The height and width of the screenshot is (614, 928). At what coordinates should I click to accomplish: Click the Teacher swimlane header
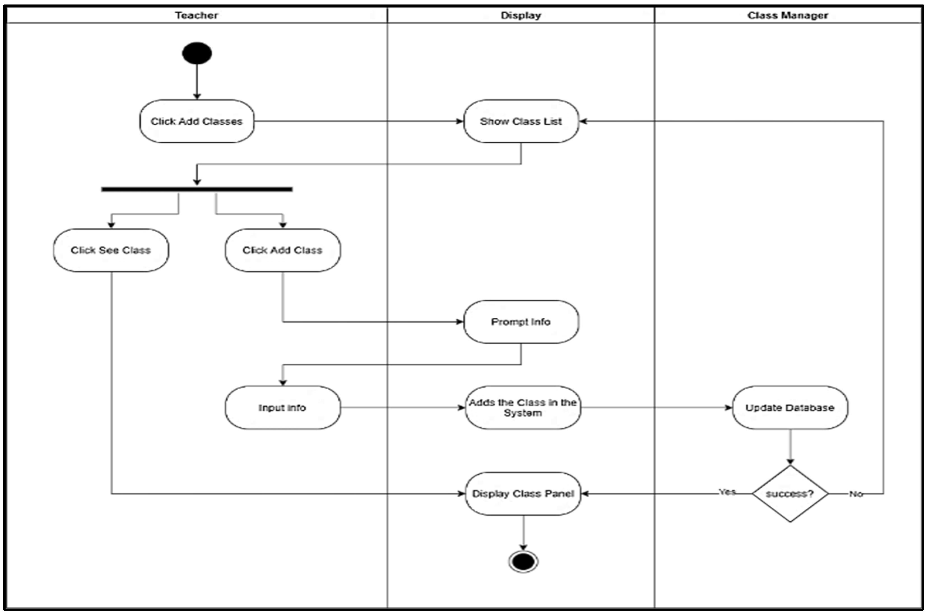[x=196, y=15]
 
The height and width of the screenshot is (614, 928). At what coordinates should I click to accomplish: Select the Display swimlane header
[x=521, y=15]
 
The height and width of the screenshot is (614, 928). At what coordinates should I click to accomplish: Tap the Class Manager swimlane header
[x=788, y=15]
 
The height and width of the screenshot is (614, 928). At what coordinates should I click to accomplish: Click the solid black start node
[x=197, y=53]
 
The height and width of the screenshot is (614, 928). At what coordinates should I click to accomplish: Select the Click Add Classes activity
[x=197, y=121]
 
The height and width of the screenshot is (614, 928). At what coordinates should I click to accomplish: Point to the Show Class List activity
[x=521, y=121]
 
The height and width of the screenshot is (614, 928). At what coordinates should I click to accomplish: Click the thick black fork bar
[x=197, y=190]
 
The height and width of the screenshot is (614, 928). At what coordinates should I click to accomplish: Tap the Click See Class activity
[x=111, y=250]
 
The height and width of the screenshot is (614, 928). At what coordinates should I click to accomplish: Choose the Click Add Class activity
[x=282, y=250]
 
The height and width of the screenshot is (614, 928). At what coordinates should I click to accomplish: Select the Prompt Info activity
[x=521, y=322]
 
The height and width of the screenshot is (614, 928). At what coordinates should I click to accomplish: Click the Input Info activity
[x=282, y=408]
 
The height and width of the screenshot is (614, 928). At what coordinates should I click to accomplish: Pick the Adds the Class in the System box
[x=523, y=408]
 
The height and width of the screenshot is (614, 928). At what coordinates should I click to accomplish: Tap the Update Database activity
[x=790, y=408]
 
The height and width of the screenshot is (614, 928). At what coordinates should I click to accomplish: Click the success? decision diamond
[x=790, y=494]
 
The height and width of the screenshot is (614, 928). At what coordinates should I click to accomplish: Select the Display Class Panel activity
[x=523, y=494]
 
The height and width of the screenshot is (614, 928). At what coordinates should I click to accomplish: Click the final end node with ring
[x=523, y=562]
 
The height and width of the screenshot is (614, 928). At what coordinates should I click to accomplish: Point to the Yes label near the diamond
[x=727, y=492]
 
